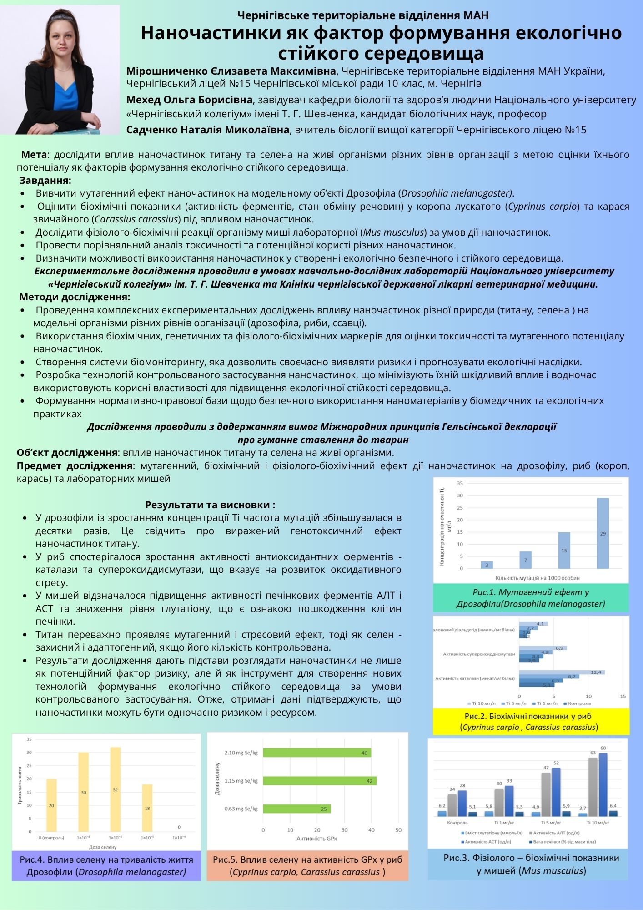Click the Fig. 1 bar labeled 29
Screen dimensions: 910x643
click(x=603, y=533)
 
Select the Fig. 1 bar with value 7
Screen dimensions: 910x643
click(x=525, y=560)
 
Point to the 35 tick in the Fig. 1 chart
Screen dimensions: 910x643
click(x=460, y=483)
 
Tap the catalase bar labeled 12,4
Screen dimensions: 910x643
click(x=562, y=672)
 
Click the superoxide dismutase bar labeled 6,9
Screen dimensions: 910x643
click(x=543, y=648)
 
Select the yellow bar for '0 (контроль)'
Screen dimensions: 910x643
click(x=51, y=805)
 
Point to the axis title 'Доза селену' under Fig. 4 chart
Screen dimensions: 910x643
click(x=103, y=847)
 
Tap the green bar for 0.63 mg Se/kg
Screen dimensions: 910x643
click(x=296, y=809)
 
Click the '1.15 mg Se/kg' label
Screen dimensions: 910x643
click(x=241, y=781)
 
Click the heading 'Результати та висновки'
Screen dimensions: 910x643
click(x=210, y=505)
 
